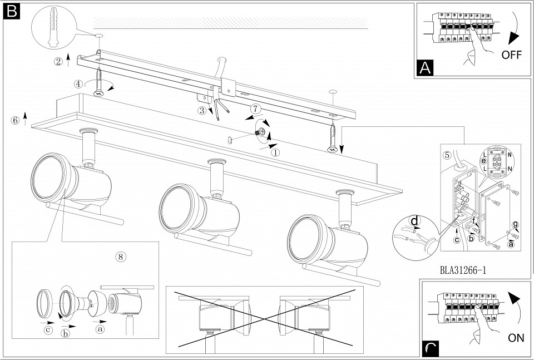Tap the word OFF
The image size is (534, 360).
click(x=511, y=55)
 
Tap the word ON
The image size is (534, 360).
click(x=516, y=338)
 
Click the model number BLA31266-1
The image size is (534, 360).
click(x=462, y=270)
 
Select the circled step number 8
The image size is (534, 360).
click(x=121, y=257)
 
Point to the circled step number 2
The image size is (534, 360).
click(x=58, y=62)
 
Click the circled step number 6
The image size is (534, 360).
click(x=15, y=120)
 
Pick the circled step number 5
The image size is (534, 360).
click(x=447, y=155)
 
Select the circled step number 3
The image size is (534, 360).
click(x=201, y=110)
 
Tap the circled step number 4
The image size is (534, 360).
click(x=78, y=84)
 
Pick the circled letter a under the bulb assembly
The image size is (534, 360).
click(x=100, y=329)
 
